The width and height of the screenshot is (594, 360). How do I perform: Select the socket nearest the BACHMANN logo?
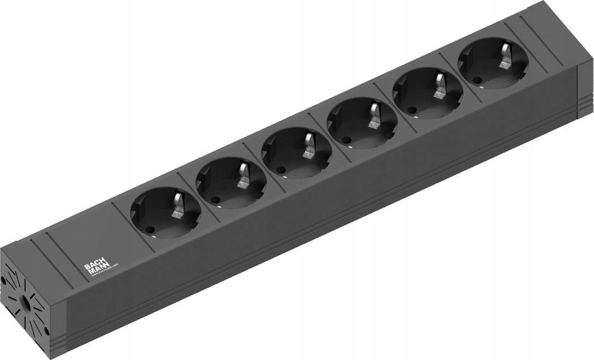166,214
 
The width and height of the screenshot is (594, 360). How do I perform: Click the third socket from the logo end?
296,153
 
